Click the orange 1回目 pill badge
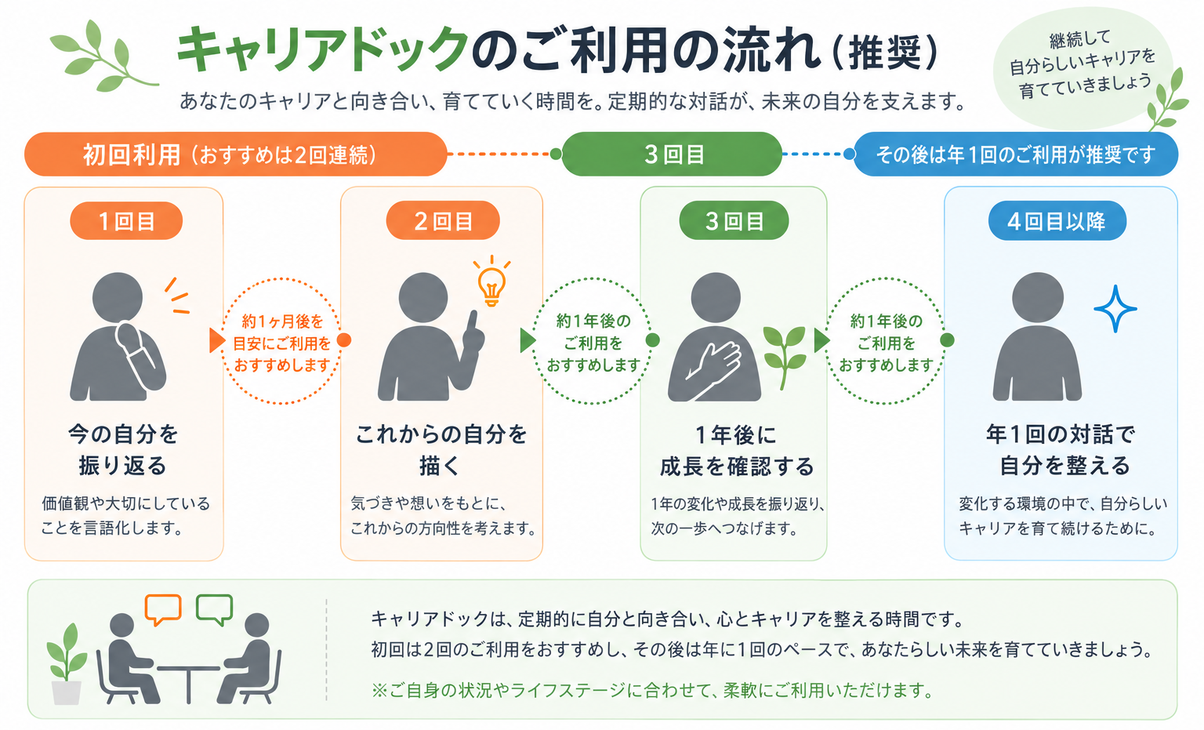[x=126, y=220]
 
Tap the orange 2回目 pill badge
[x=443, y=220]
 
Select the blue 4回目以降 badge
[x=1057, y=220]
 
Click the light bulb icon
[x=491, y=281]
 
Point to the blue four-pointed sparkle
[x=1115, y=309]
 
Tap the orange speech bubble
[x=163, y=609]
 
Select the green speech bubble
[x=215, y=609]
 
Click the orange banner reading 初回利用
[x=235, y=154]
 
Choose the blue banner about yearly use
[x=1016, y=154]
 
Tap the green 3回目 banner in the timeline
[x=672, y=154]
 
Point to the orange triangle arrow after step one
[x=217, y=340]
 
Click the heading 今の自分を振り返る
[x=123, y=449]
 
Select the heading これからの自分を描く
[x=441, y=449]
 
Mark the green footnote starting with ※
[x=652, y=690]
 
